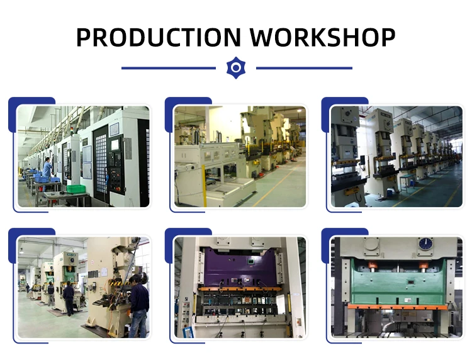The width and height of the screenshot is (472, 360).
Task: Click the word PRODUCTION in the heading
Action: (x=159, y=37)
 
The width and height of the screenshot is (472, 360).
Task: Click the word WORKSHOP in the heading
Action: (x=322, y=37)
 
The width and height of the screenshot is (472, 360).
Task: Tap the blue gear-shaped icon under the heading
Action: (x=236, y=68)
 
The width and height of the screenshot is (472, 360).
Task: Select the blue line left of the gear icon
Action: (x=169, y=68)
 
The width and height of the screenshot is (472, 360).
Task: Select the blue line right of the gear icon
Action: (x=304, y=68)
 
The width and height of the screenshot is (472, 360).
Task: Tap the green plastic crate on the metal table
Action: (x=76, y=189)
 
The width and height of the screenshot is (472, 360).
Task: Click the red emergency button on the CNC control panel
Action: (x=118, y=189)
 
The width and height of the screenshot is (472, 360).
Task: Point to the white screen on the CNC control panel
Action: (x=115, y=145)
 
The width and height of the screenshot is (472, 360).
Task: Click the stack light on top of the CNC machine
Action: (x=72, y=131)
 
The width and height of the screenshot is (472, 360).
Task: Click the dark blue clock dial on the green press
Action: (x=425, y=244)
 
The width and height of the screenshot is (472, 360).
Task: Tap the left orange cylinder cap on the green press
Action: (x=373, y=266)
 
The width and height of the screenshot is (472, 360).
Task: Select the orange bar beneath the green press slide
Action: (x=397, y=307)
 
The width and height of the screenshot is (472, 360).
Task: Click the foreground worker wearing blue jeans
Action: (x=138, y=305)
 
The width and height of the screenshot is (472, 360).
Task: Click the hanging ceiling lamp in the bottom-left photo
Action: (x=21, y=250)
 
